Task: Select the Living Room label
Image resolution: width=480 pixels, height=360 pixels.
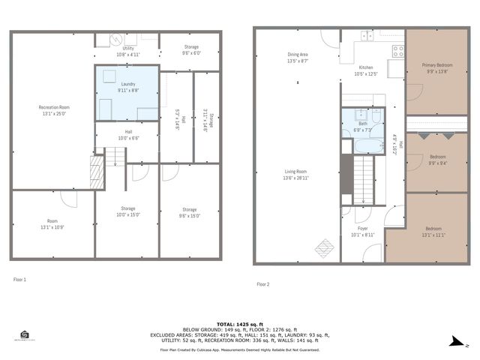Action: point(298,175)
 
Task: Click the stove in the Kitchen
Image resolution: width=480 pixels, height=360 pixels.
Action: point(398,52)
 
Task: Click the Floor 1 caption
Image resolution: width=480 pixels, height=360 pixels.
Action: point(19,280)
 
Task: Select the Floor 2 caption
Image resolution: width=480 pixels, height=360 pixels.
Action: point(263,284)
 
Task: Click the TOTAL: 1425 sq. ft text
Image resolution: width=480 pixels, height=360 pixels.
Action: point(239,324)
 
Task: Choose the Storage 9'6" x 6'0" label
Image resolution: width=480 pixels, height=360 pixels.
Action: point(192,49)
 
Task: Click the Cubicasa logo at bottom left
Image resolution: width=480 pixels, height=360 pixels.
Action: point(25,336)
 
